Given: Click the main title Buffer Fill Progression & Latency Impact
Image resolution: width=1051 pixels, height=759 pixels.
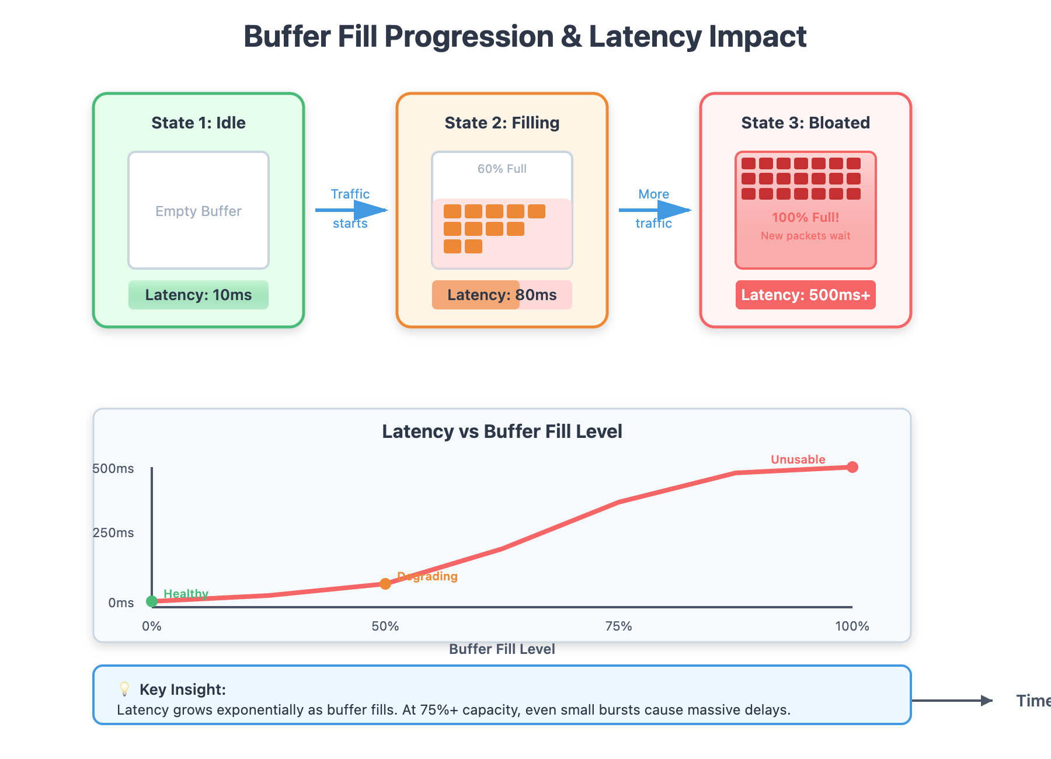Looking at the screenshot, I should [524, 36].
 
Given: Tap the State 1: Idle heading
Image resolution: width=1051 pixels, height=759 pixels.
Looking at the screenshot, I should [199, 123].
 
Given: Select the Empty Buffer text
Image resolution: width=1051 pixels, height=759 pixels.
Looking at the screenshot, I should [199, 211].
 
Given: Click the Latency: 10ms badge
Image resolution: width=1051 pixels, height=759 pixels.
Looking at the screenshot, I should [199, 295].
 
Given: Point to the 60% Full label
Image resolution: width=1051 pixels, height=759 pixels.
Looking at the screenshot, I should [502, 169].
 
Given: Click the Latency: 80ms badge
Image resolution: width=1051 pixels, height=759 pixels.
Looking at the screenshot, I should [502, 295].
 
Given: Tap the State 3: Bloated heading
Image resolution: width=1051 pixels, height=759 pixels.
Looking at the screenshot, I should [805, 123].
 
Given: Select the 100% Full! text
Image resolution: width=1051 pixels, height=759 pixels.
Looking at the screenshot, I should [805, 217].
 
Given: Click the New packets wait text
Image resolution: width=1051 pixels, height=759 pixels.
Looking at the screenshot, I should [805, 236].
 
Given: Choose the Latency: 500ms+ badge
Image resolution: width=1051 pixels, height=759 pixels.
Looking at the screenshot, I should [805, 295].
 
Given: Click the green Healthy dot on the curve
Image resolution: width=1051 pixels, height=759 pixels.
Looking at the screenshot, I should [152, 601].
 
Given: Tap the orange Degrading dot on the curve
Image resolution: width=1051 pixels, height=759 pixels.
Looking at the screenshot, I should [385, 584].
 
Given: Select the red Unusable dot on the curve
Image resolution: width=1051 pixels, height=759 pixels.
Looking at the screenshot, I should [852, 467].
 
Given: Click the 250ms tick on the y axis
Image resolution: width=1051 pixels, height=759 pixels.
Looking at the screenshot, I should [113, 532].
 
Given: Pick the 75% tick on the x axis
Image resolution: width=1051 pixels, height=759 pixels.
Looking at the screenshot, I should [619, 626].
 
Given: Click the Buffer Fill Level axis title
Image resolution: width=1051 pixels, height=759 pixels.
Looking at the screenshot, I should [502, 649].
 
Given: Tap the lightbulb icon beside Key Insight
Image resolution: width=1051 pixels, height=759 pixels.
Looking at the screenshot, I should [124, 689].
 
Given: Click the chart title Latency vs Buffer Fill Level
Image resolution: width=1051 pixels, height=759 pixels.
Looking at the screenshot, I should [502, 431].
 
